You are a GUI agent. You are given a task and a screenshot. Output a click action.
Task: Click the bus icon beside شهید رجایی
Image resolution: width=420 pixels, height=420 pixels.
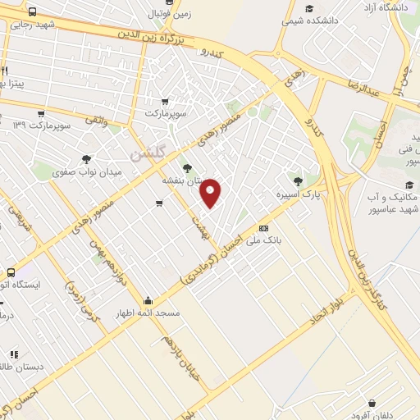pos(32,13)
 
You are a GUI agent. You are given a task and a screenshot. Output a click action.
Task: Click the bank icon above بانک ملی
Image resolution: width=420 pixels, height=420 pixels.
pos(263,229)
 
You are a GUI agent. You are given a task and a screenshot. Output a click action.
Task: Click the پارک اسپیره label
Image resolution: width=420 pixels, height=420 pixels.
pos(298,195)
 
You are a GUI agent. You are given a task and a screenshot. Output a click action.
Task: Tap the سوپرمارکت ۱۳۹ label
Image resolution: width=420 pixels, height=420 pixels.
pos(43,126)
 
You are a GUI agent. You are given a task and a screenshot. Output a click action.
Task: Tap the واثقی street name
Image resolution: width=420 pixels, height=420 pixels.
pos(94,121)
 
